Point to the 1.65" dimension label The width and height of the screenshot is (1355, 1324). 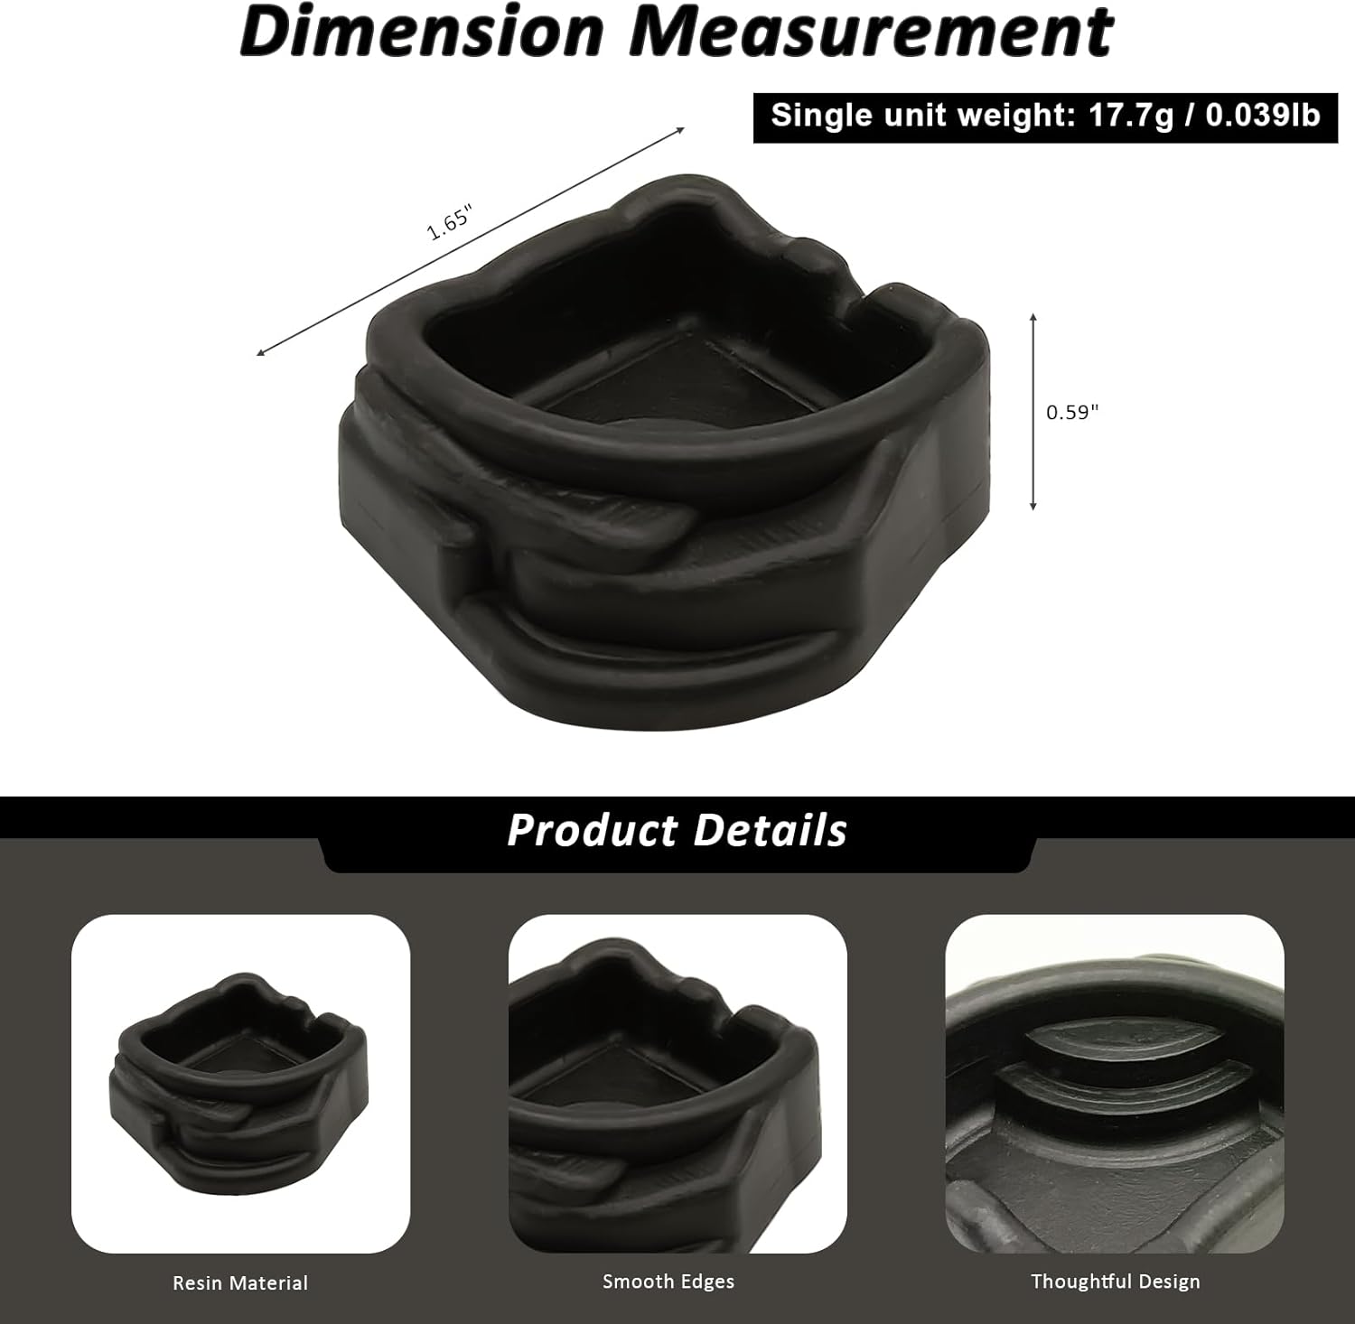[x=450, y=222]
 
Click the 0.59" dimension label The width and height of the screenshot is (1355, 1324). [x=1072, y=412]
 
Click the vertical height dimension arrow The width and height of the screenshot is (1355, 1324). [x=1033, y=412]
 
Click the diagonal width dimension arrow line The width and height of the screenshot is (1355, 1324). [x=471, y=241]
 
